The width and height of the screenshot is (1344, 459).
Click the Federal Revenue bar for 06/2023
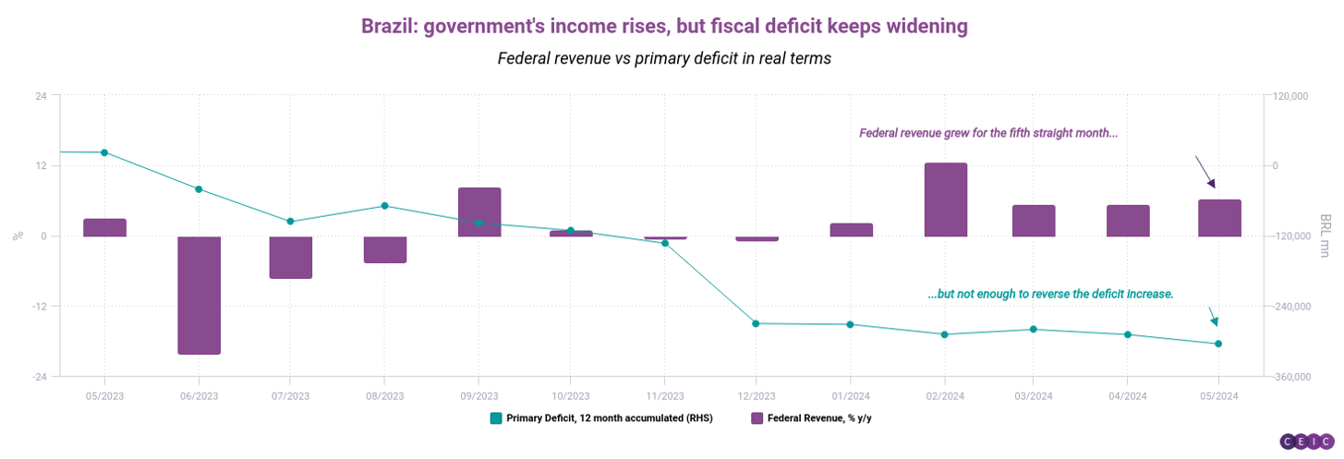point(199,295)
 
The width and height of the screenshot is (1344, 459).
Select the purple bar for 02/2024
point(945,199)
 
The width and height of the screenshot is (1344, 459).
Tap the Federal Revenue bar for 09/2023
point(479,211)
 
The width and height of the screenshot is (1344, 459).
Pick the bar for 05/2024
point(1219,218)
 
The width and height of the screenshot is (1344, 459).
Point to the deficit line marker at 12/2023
point(756,323)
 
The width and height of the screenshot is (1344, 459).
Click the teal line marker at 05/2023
point(104,152)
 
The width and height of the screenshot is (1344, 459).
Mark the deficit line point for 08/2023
point(385,206)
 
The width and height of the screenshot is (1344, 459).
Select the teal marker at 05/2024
point(1218,344)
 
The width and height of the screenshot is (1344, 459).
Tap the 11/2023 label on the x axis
point(663,395)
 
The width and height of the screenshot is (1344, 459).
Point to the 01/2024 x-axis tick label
point(850,395)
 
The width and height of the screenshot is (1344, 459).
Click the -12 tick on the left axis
point(42,307)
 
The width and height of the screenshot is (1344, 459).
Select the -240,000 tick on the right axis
point(1287,307)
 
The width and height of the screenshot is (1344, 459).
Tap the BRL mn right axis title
point(1326,236)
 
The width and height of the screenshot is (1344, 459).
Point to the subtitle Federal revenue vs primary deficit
point(664,58)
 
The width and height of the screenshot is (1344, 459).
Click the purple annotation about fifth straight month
point(988,133)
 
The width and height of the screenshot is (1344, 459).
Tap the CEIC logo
point(1307,441)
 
